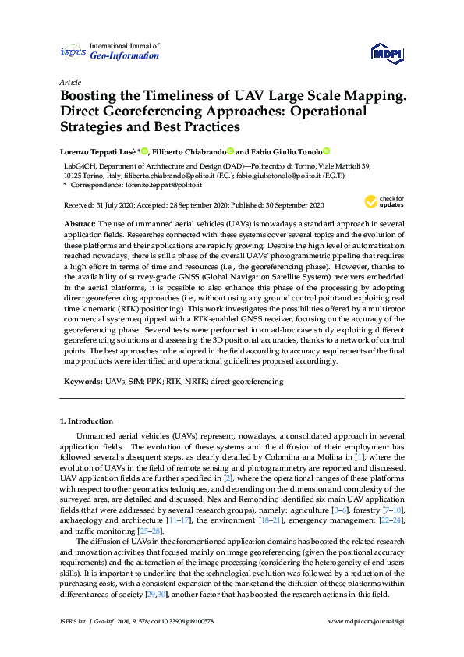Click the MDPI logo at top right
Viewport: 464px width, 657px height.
click(x=387, y=53)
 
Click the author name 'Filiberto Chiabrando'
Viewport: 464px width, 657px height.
click(x=187, y=151)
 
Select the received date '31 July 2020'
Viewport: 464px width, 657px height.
click(x=112, y=205)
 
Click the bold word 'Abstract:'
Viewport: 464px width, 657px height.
click(x=80, y=223)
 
